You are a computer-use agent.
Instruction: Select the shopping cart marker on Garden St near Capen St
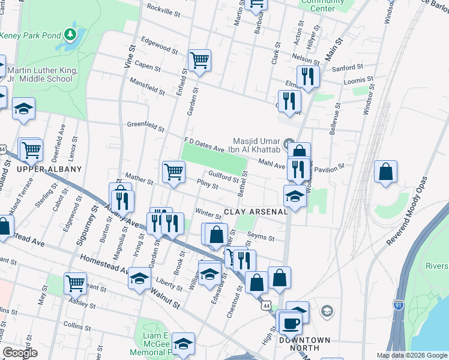[x=199, y=60]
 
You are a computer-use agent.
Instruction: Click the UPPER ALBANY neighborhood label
[x=49, y=169]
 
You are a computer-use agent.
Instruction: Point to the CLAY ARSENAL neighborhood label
[x=256, y=211]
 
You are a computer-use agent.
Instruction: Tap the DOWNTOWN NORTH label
[x=304, y=344]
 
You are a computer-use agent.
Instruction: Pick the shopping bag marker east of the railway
[x=385, y=171]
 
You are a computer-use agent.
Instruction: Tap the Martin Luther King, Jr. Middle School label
[x=42, y=74]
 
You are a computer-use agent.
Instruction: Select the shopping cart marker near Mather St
[x=174, y=172]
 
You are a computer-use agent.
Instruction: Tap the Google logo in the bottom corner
[x=20, y=352]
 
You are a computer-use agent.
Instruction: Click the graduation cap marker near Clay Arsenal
[x=295, y=195]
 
